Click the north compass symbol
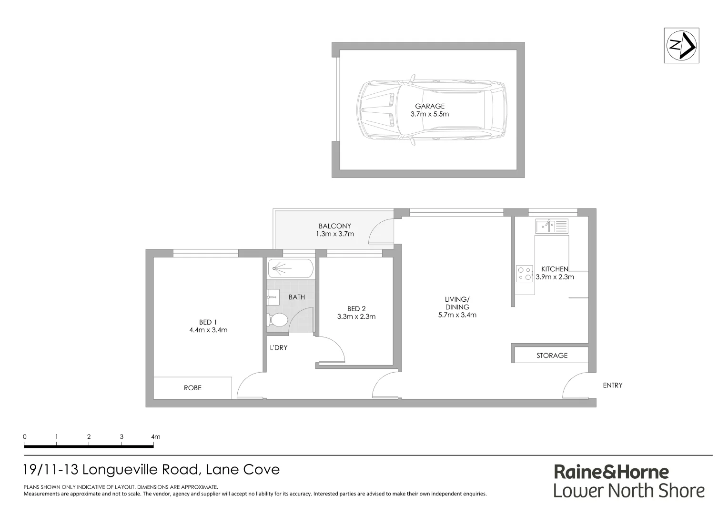(x=681, y=46)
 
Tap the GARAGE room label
(x=429, y=106)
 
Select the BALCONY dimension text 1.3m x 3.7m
(x=335, y=234)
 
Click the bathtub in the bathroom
(x=290, y=269)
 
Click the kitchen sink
(x=551, y=226)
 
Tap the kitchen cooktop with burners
(x=525, y=273)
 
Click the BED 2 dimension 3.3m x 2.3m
(x=356, y=316)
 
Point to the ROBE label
(x=192, y=388)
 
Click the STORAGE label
(x=552, y=356)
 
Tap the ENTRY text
(x=612, y=385)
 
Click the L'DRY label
(x=279, y=348)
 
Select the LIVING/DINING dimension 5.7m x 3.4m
(x=457, y=315)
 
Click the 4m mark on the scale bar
(x=155, y=436)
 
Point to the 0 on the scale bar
(x=25, y=436)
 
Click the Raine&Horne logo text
(x=611, y=472)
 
